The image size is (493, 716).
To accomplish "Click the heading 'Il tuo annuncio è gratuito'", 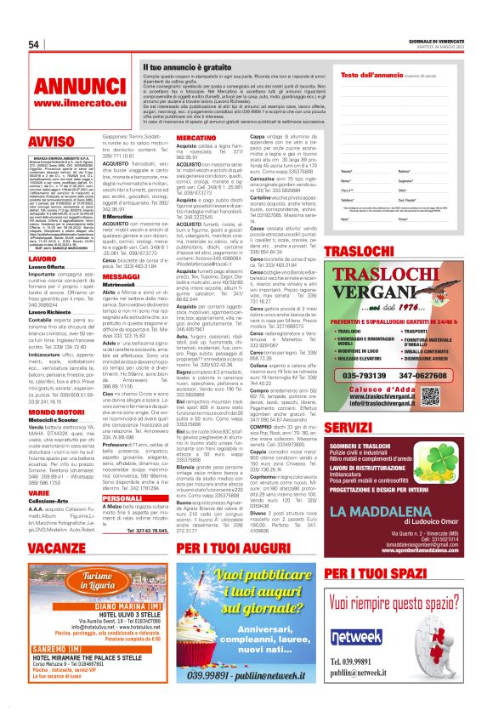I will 186,66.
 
